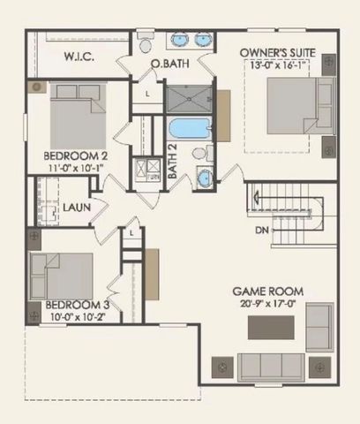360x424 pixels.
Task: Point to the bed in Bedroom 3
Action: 62,273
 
